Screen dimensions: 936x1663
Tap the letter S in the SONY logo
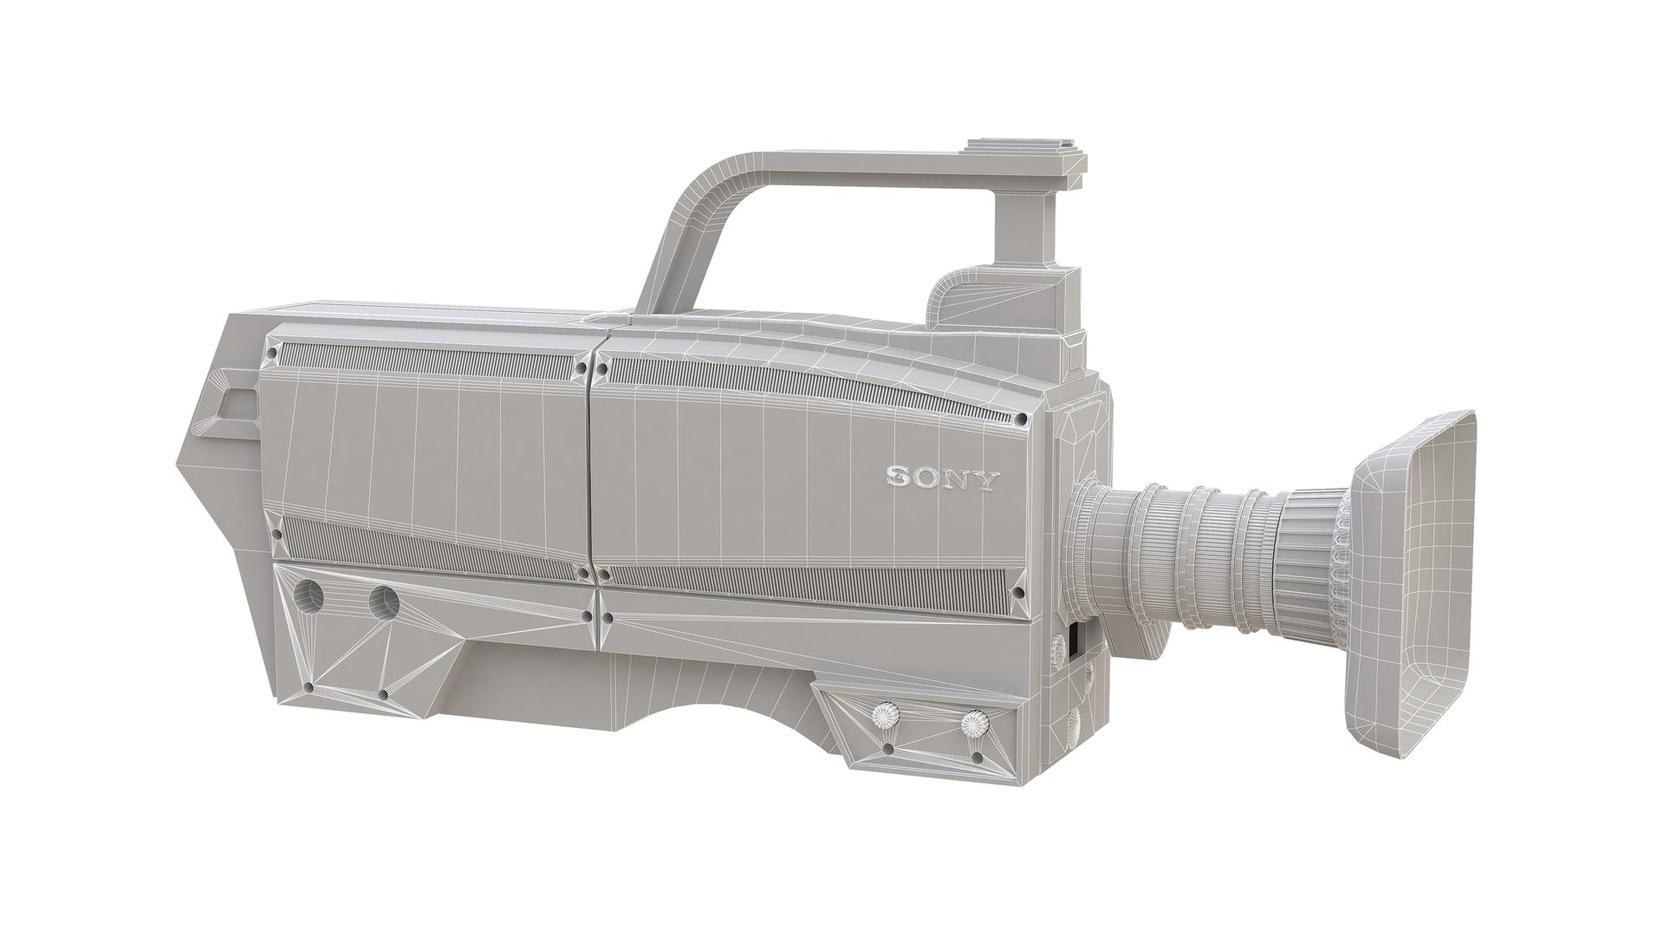899,478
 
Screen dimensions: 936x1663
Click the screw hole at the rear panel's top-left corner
274,354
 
